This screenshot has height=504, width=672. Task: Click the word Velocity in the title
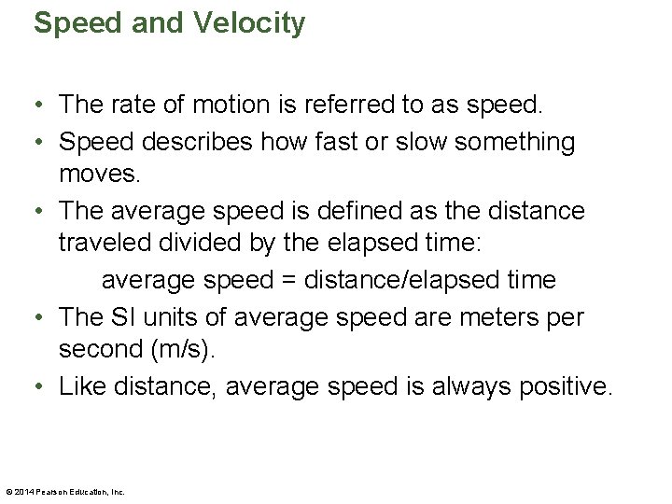click(250, 23)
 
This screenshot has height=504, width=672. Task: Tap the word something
click(518, 142)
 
